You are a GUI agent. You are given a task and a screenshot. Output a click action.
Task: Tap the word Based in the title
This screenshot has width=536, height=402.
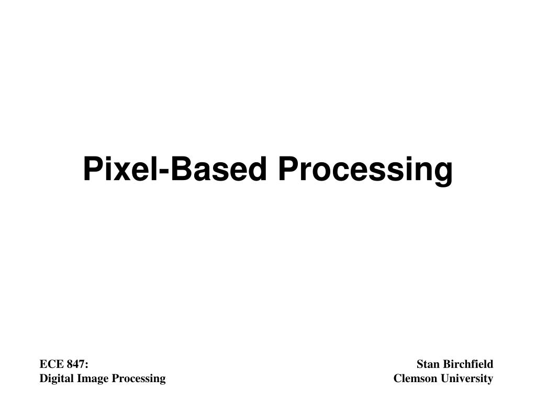[x=218, y=170]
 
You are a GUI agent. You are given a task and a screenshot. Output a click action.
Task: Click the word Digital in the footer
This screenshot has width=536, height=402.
[x=54, y=378]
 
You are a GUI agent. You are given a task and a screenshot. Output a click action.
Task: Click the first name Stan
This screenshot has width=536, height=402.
[x=428, y=364]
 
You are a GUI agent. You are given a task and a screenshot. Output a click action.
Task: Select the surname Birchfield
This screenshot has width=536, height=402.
[x=468, y=364]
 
